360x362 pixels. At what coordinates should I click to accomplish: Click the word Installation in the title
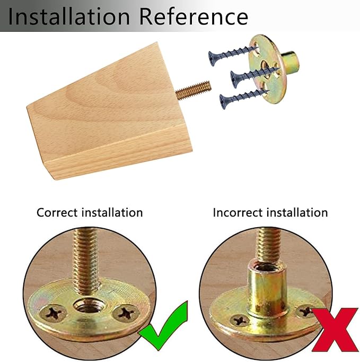tap(69, 16)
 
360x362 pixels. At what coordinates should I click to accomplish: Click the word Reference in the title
tap(194, 16)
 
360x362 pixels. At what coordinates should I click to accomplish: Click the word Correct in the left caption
tap(57, 212)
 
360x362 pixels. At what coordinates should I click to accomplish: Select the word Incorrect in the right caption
tap(238, 212)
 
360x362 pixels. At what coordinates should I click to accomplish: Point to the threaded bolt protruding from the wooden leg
tap(194, 90)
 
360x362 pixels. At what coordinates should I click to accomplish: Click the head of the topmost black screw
tap(212, 58)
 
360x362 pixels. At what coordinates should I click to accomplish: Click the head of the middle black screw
tap(234, 80)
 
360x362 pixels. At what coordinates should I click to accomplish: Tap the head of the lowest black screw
tap(223, 102)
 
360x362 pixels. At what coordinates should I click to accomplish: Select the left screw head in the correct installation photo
tap(53, 313)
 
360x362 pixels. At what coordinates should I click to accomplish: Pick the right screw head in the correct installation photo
tap(126, 313)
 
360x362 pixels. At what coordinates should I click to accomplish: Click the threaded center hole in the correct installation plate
tap(89, 305)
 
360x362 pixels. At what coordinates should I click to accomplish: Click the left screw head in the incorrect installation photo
tap(240, 321)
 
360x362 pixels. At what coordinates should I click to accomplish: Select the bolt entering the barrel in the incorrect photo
tap(268, 246)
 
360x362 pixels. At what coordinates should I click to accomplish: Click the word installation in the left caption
tap(112, 212)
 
